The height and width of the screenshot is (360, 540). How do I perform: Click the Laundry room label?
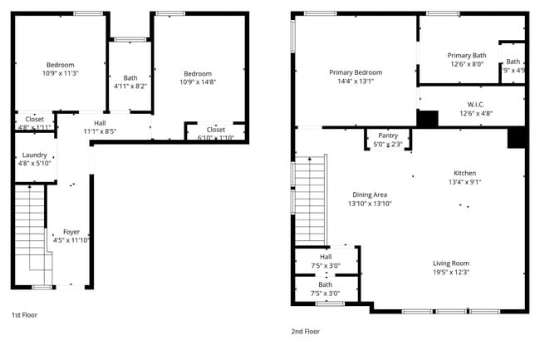tap(35, 155)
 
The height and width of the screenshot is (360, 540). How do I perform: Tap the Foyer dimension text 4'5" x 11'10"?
tap(72, 240)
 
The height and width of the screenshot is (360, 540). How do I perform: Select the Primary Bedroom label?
tap(356, 72)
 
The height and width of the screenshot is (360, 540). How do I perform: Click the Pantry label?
tap(388, 136)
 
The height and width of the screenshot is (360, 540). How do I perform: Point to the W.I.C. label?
tap(475, 105)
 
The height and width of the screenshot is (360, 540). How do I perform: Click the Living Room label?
tap(451, 264)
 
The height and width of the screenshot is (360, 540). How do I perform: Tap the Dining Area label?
tap(370, 195)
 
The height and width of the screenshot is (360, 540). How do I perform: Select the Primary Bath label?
tap(467, 56)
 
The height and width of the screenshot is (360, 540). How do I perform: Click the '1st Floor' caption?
tap(24, 315)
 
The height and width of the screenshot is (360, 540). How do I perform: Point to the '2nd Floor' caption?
tap(305, 331)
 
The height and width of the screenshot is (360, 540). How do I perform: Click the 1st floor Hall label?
tap(100, 123)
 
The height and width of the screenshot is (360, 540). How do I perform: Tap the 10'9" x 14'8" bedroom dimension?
tap(198, 81)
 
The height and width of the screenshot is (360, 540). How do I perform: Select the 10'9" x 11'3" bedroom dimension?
tap(61, 73)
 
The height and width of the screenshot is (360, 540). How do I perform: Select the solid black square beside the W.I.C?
tap(427, 119)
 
